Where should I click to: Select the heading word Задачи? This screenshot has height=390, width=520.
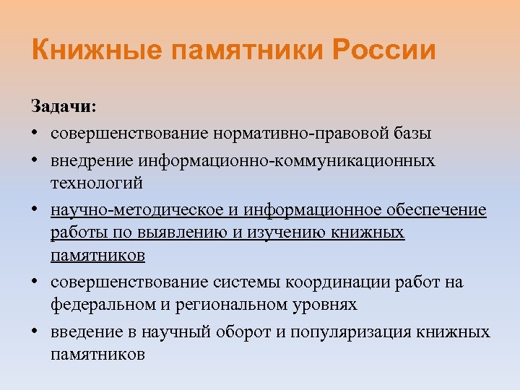[64, 107]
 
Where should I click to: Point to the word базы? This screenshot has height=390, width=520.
[410, 133]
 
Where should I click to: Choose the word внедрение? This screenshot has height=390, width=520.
[82, 160]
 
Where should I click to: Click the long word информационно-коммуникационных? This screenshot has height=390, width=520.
[277, 160]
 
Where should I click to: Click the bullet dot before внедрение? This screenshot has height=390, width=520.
[35, 160]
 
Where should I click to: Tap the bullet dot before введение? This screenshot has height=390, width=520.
[35, 332]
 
